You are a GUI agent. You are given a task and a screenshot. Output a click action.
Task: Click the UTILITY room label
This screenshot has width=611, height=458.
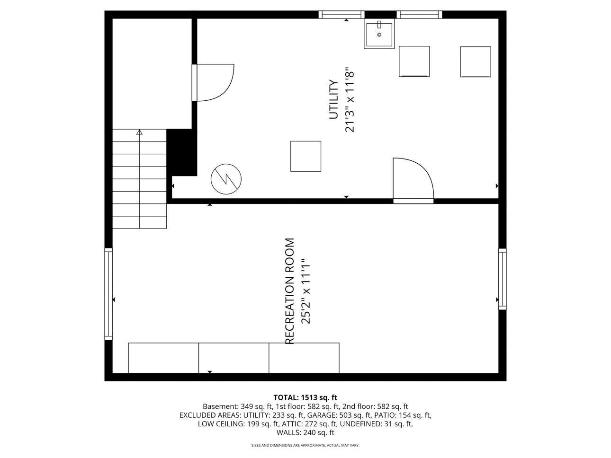click(x=334, y=100)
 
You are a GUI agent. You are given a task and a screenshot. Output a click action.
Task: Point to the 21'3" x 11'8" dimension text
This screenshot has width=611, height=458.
click(x=350, y=100)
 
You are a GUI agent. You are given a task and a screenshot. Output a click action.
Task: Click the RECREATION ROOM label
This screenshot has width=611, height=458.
click(x=289, y=291)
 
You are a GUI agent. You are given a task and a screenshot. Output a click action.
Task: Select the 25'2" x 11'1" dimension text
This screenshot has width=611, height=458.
click(x=305, y=291)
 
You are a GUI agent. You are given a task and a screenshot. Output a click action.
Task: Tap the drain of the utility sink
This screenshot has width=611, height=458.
click(x=379, y=35)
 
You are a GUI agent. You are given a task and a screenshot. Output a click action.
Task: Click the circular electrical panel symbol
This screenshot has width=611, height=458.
click(x=226, y=179)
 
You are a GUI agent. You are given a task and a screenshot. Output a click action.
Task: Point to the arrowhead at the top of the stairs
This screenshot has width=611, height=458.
click(x=139, y=133)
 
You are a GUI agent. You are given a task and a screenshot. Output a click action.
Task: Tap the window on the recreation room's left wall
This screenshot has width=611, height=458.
click(x=108, y=294)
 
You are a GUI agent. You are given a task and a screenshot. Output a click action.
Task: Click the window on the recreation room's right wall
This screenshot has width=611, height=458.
click(x=502, y=279)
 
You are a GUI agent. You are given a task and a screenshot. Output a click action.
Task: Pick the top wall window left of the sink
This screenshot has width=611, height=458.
click(x=341, y=15)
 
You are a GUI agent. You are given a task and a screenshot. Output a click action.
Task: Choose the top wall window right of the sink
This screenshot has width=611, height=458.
click(x=419, y=15)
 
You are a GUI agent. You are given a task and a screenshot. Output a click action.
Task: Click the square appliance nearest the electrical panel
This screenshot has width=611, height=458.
click(x=305, y=156)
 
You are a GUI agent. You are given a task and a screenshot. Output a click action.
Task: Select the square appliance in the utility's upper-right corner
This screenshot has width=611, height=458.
click(x=475, y=62)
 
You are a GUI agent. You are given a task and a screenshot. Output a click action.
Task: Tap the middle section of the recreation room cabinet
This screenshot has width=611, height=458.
click(x=234, y=358)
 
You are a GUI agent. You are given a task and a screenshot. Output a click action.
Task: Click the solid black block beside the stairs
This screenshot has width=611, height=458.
click(x=182, y=152)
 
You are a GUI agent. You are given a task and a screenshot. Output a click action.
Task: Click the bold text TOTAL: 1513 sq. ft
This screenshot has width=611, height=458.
click(x=305, y=397)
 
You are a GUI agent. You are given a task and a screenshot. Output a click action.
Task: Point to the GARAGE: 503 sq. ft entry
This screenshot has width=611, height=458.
click(x=336, y=415)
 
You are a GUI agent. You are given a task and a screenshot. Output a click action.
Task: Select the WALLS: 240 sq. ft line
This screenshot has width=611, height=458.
click(x=305, y=432)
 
